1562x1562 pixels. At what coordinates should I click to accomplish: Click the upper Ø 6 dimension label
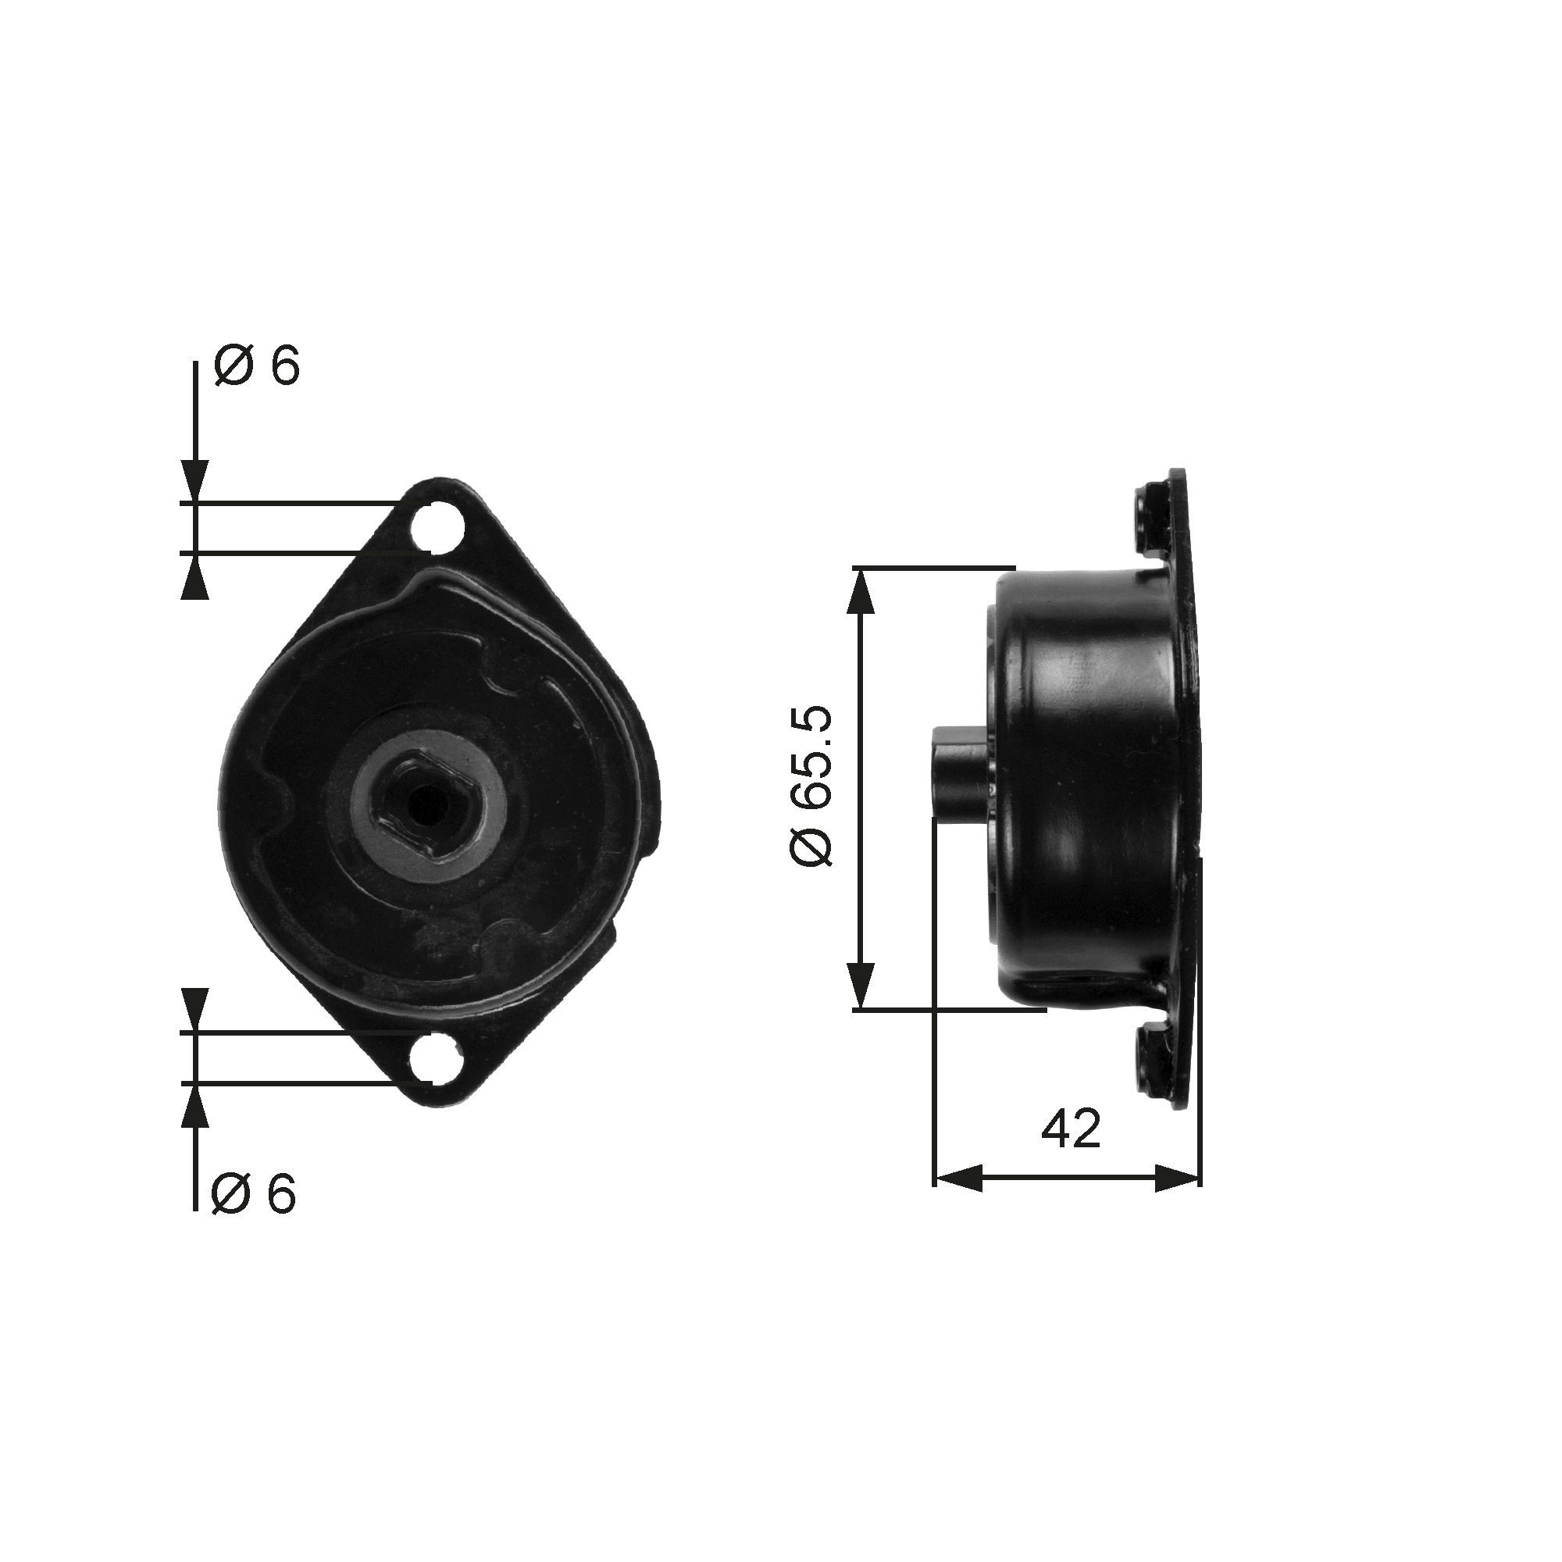(x=256, y=367)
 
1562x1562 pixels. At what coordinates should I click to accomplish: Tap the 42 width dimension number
(x=1071, y=1129)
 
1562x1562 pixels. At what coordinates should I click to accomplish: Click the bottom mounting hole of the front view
(x=435, y=1057)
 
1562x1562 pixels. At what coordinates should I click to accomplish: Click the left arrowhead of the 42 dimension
(x=958, y=1179)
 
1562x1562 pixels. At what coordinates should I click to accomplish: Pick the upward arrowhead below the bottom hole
(x=194, y=1104)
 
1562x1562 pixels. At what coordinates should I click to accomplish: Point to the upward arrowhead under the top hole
(x=194, y=577)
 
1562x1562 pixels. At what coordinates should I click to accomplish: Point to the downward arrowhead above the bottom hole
(x=194, y=1010)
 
